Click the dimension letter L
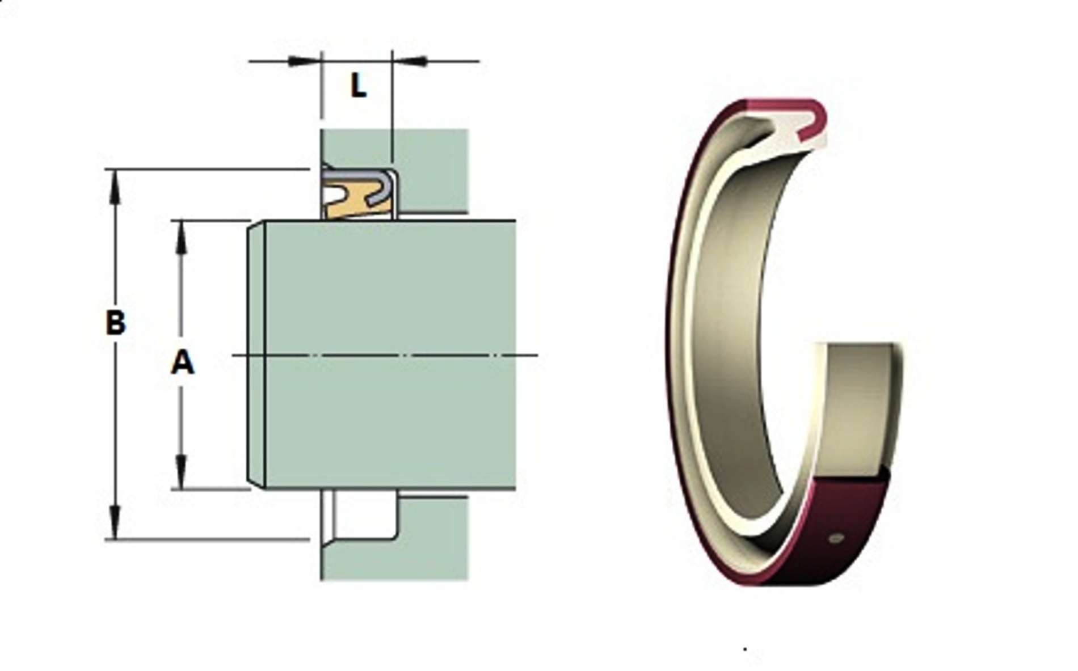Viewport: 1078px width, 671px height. point(358,87)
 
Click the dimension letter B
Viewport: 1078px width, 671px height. point(116,323)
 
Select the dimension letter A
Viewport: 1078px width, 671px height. point(182,363)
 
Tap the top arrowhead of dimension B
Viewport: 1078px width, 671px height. point(116,184)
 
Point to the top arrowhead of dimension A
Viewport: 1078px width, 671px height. point(181,236)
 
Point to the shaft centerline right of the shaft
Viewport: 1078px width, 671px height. point(528,356)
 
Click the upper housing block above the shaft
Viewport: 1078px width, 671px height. point(431,170)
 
